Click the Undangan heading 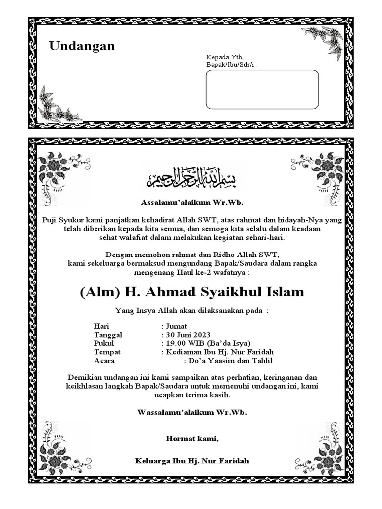(x=82, y=46)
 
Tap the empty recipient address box (x=262, y=89)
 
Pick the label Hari (x=101, y=326)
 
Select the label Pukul (x=104, y=343)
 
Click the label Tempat (x=107, y=352)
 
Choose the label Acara (x=104, y=361)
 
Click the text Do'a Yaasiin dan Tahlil (x=230, y=361)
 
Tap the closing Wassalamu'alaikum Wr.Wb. (x=192, y=412)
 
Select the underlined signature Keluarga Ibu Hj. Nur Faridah (x=192, y=461)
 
